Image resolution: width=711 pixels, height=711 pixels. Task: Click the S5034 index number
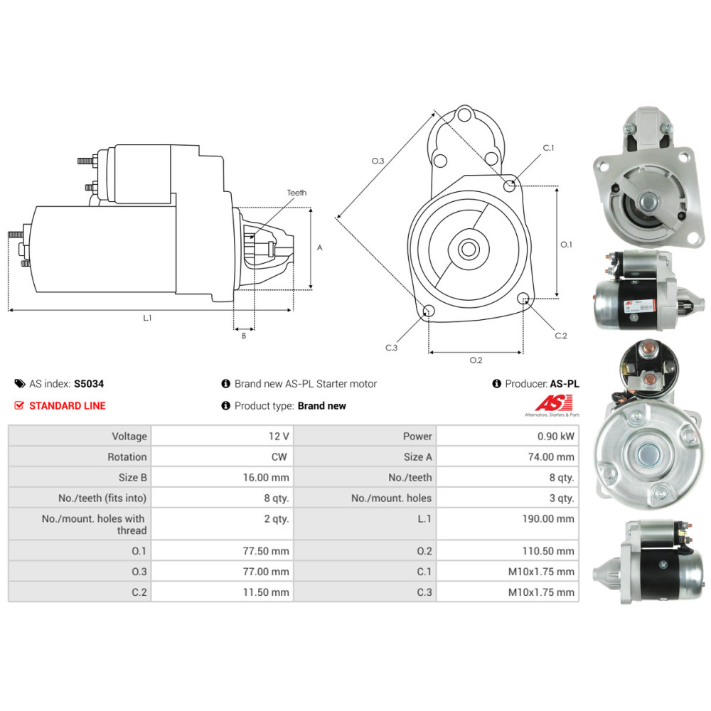click(x=89, y=384)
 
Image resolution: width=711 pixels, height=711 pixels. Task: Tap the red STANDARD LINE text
click(x=67, y=406)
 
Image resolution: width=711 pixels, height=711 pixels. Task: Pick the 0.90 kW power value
click(x=555, y=437)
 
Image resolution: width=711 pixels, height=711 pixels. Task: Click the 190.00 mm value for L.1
click(x=547, y=519)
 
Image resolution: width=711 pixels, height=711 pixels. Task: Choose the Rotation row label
click(x=127, y=456)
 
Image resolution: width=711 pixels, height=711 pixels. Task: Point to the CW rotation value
click(x=279, y=456)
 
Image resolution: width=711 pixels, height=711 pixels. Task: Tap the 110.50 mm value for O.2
click(x=547, y=551)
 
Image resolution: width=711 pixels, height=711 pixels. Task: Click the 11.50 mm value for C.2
click(x=266, y=592)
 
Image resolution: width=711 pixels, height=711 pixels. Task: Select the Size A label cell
click(x=417, y=456)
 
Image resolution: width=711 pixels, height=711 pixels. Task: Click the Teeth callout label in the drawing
click(x=296, y=193)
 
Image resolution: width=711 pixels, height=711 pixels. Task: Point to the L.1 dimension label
click(x=147, y=318)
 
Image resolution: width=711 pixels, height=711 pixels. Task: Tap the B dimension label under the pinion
click(x=244, y=336)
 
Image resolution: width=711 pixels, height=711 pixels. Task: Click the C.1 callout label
click(x=548, y=148)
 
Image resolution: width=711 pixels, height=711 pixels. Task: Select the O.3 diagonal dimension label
click(x=378, y=161)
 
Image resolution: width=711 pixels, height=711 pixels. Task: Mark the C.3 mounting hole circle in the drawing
click(x=428, y=311)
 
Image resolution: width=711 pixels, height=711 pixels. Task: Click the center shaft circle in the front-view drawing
click(x=469, y=249)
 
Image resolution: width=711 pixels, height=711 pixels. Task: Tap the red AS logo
click(x=554, y=403)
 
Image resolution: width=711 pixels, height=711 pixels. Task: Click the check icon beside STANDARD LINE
click(x=19, y=405)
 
